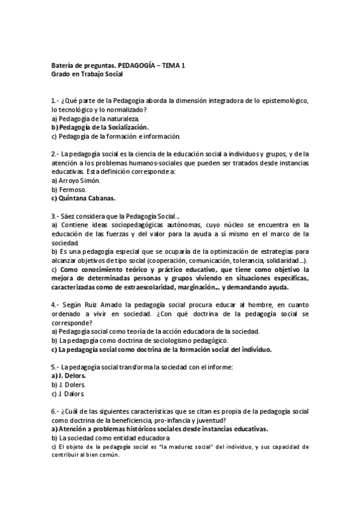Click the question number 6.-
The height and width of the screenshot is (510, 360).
(55, 411)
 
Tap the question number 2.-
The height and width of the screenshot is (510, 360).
(55, 153)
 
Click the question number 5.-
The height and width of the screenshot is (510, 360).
(55, 367)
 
